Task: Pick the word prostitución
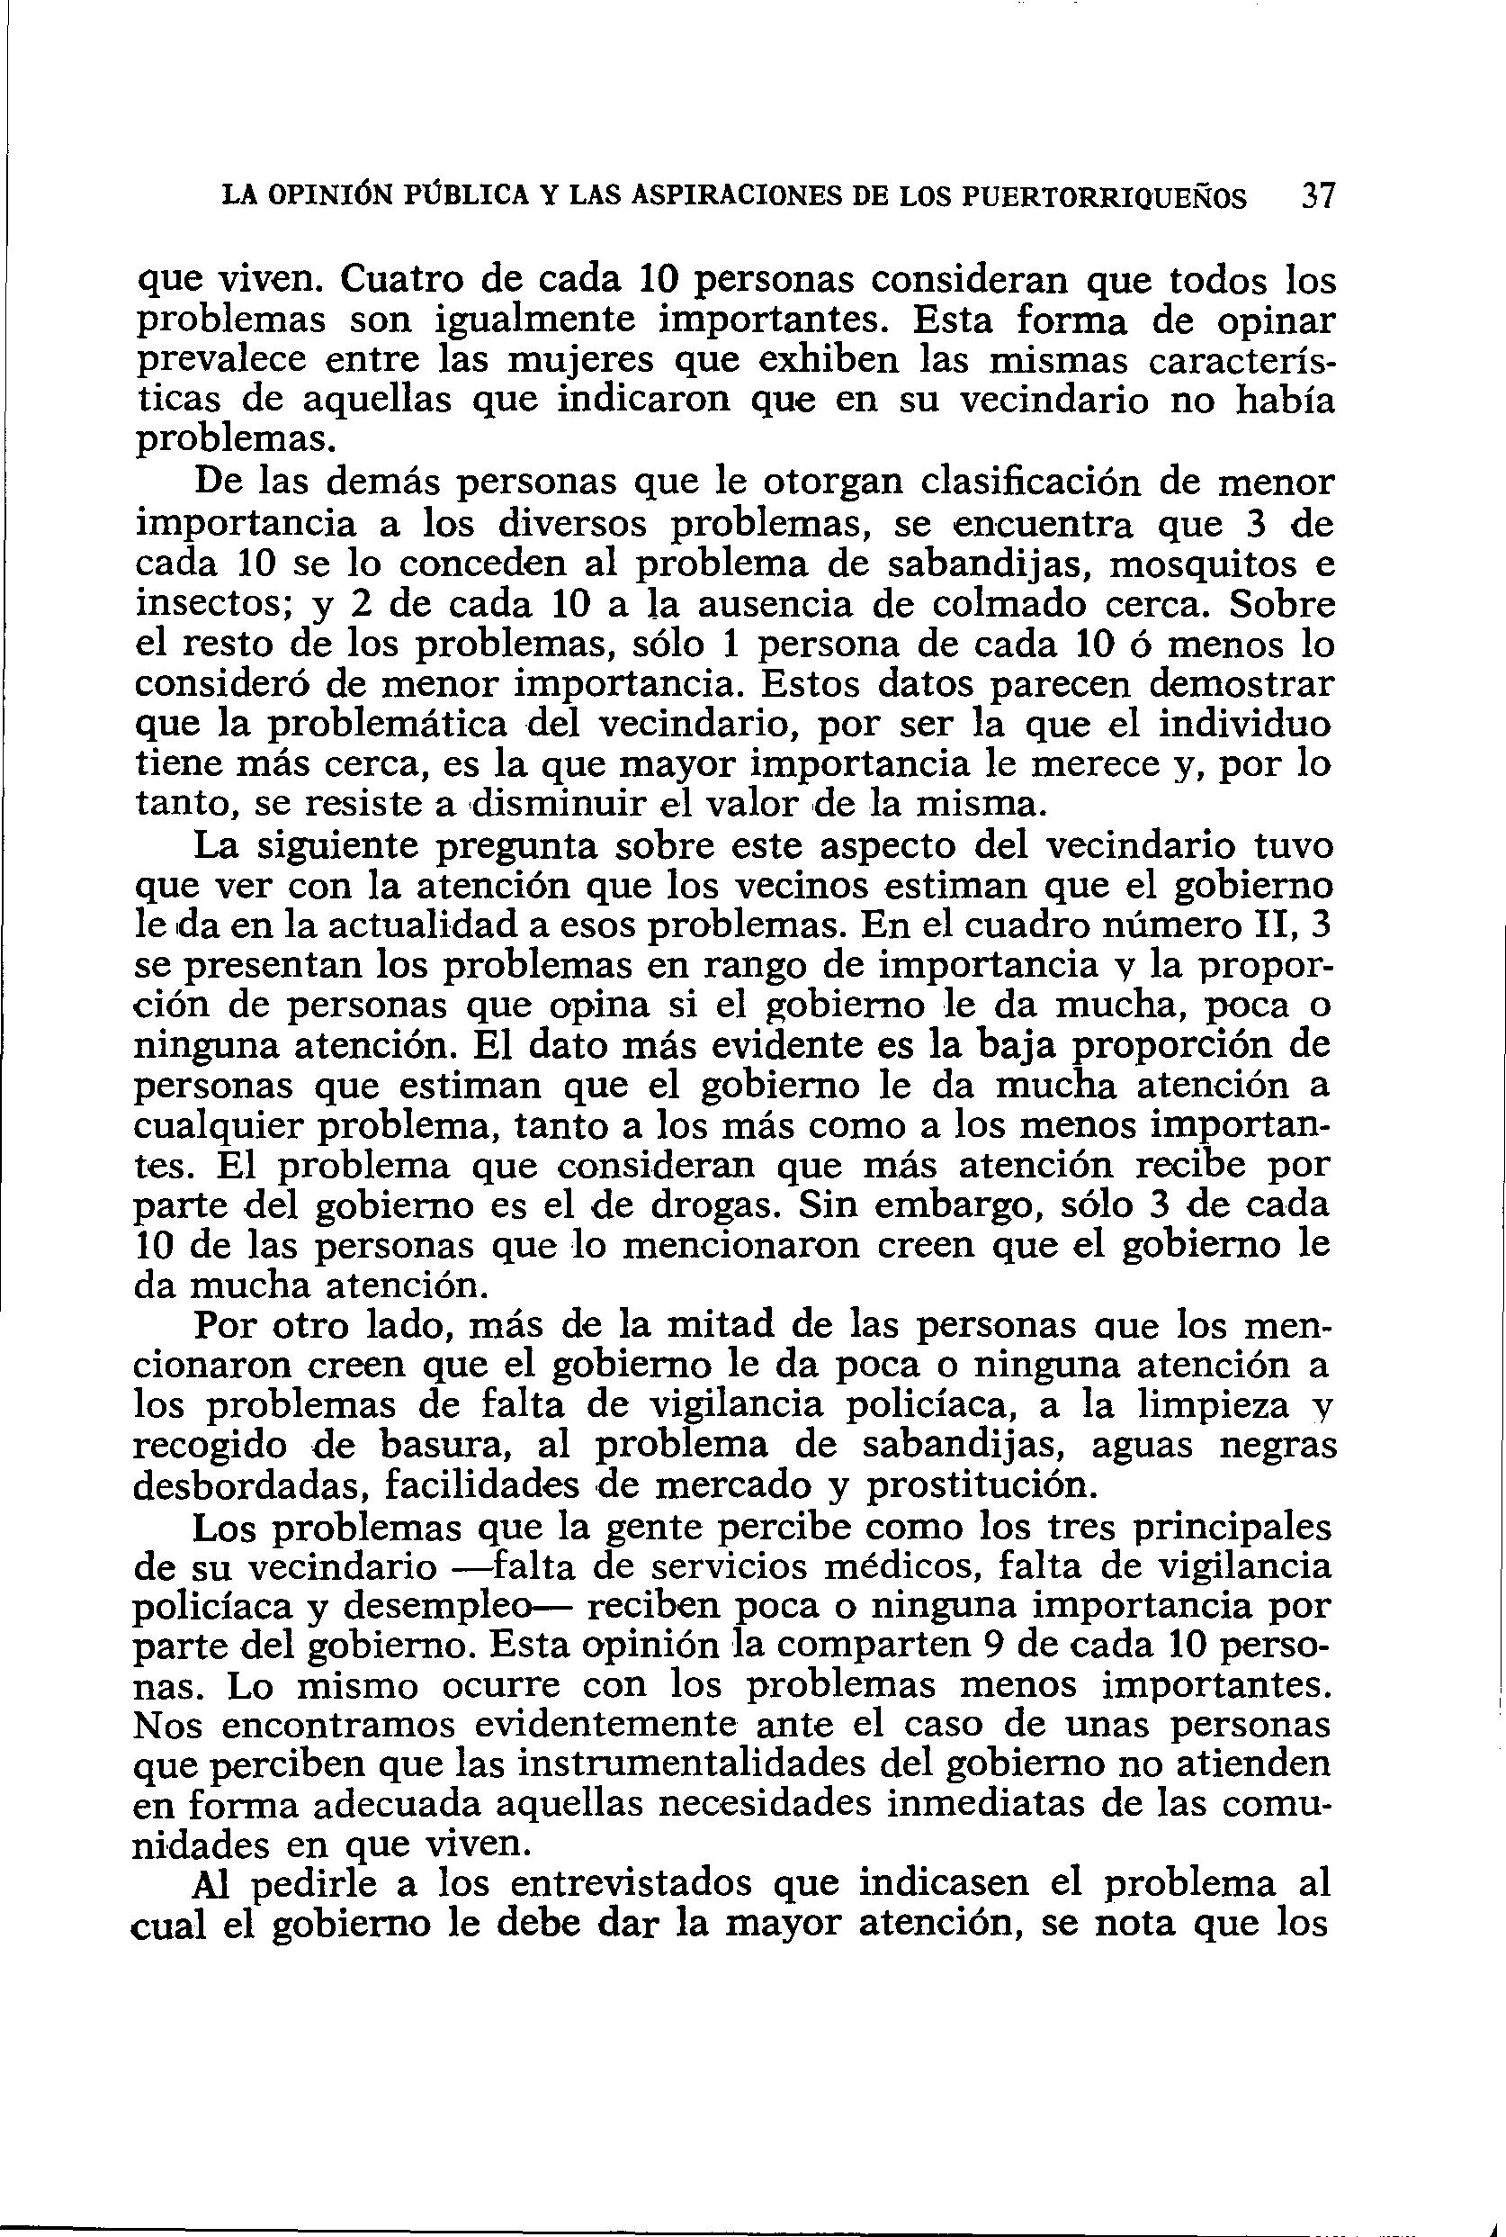coord(980,1486)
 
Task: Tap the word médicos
coord(909,1566)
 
